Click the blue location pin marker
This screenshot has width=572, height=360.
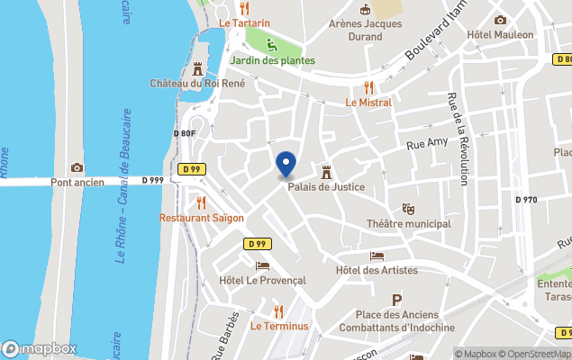pyautogui.click(x=286, y=165)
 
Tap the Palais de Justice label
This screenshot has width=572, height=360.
pyautogui.click(x=326, y=187)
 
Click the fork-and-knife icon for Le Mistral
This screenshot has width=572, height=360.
pyautogui.click(x=368, y=87)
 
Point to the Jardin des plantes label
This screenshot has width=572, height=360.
pyautogui.click(x=272, y=60)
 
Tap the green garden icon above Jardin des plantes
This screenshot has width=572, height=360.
pyautogui.click(x=272, y=44)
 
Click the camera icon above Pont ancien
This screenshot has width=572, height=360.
pyautogui.click(x=77, y=167)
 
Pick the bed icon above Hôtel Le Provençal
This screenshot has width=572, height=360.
pyautogui.click(x=262, y=265)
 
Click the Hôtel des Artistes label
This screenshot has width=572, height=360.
pyautogui.click(x=377, y=270)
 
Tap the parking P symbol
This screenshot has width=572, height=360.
pyautogui.click(x=395, y=301)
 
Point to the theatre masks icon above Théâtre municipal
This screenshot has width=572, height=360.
pyautogui.click(x=408, y=209)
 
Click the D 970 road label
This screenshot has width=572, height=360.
pyautogui.click(x=526, y=200)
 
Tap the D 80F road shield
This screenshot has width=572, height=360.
pyautogui.click(x=184, y=134)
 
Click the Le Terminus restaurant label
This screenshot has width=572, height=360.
pyautogui.click(x=279, y=325)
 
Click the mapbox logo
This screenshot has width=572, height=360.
pyautogui.click(x=40, y=348)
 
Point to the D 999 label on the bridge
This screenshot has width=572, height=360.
pyautogui.click(x=153, y=181)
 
